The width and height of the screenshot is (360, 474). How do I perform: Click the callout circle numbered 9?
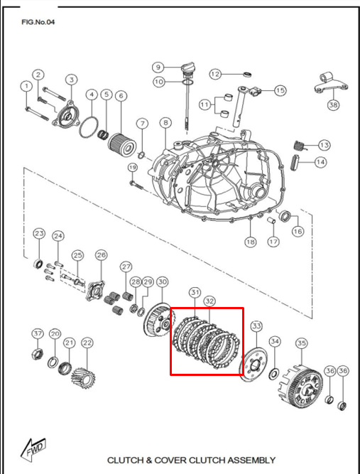pyautogui.click(x=158, y=67)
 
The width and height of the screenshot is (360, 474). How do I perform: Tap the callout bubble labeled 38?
pyautogui.click(x=334, y=105)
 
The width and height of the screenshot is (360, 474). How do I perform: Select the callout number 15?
pyautogui.click(x=280, y=90)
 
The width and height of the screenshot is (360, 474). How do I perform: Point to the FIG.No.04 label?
pyautogui.click(x=38, y=22)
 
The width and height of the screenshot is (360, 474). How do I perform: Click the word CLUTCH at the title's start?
pyautogui.click(x=126, y=460)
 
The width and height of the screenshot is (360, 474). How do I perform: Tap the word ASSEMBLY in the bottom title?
pyautogui.click(x=251, y=460)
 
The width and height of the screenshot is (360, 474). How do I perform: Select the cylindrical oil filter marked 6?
pyautogui.click(x=122, y=147)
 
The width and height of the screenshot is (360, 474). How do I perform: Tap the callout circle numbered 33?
pyautogui.click(x=256, y=326)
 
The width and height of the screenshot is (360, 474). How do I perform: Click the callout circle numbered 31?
pyautogui.click(x=195, y=293)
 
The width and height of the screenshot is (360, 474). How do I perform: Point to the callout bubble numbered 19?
pyautogui.click(x=132, y=168)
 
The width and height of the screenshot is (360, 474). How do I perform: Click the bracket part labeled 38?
pyautogui.click(x=332, y=84)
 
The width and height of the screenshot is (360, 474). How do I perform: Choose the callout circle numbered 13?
pyautogui.click(x=324, y=146)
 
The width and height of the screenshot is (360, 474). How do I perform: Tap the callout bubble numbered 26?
pyautogui.click(x=101, y=255)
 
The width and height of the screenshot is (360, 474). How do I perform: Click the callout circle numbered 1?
pyautogui.click(x=27, y=86)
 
